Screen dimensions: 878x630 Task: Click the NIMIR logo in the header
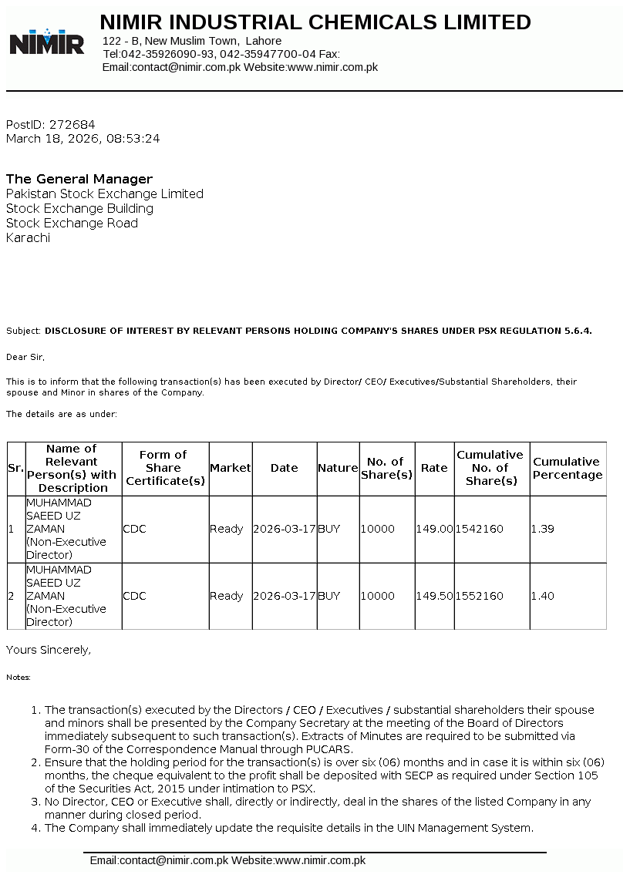click(46, 42)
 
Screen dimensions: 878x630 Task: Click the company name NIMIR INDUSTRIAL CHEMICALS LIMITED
click(315, 22)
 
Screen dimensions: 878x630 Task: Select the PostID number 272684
click(72, 124)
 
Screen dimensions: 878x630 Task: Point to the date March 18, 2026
click(52, 139)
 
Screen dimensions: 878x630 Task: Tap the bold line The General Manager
click(79, 179)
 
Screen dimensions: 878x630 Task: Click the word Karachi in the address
click(28, 237)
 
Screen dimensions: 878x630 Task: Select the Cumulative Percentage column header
click(568, 468)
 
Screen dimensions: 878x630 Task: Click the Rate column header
click(434, 468)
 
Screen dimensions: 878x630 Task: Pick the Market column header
click(231, 468)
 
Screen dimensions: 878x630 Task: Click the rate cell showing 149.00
click(434, 529)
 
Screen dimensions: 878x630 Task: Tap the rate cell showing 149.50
click(434, 596)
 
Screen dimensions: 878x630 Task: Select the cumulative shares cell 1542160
click(479, 529)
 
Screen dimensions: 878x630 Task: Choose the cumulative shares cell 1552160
click(479, 596)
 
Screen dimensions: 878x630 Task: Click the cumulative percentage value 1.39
click(542, 529)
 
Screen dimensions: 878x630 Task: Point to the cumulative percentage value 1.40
click(542, 596)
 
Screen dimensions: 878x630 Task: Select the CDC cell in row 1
click(134, 529)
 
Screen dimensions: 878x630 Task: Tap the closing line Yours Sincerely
click(49, 650)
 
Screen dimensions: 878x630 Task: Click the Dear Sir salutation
click(25, 357)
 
